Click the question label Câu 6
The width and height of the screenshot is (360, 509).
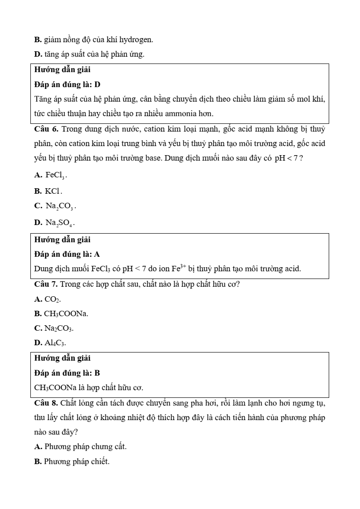click(x=46, y=129)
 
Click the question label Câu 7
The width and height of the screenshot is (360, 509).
click(x=46, y=284)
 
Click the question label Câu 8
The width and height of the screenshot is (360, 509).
click(x=46, y=403)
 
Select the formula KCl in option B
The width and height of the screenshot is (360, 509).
click(x=54, y=191)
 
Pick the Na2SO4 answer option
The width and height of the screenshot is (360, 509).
click(x=59, y=223)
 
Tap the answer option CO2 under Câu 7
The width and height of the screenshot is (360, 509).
click(x=53, y=299)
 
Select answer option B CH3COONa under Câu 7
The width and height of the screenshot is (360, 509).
click(x=66, y=313)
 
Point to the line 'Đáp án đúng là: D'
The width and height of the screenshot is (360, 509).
click(x=67, y=84)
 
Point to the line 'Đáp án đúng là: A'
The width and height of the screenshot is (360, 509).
click(x=67, y=254)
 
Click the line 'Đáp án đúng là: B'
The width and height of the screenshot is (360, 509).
click(x=67, y=373)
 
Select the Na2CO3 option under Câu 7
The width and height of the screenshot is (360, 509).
click(x=58, y=328)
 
